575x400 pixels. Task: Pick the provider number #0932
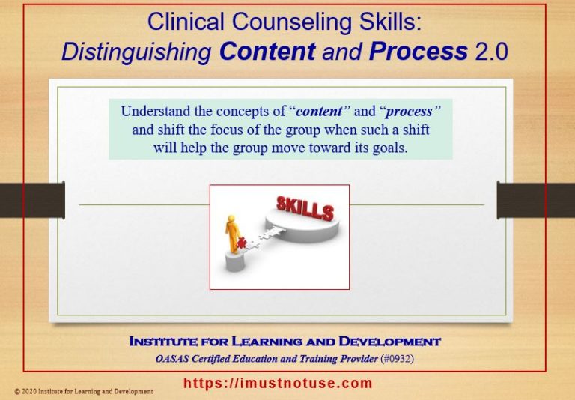(x=396, y=358)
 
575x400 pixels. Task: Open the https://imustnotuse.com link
(x=278, y=384)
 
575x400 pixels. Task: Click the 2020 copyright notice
(x=83, y=391)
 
